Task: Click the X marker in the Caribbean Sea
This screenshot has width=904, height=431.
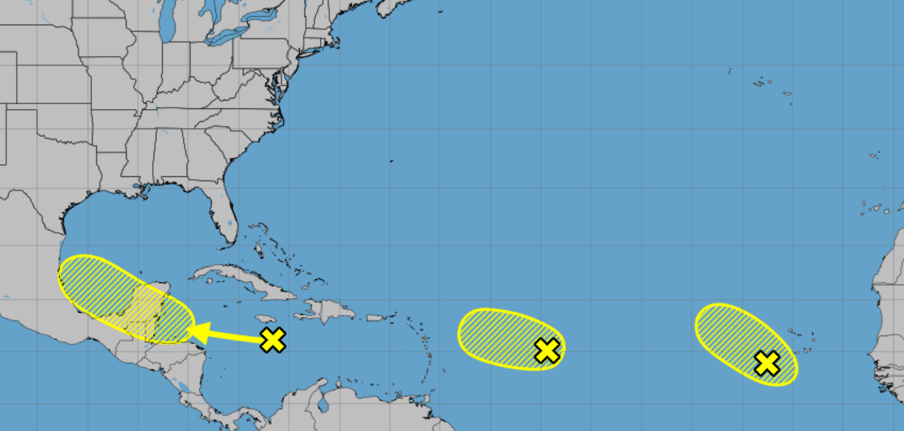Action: (x=273, y=340)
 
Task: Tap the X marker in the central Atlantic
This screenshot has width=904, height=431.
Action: (x=547, y=350)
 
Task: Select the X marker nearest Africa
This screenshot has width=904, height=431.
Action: (x=767, y=363)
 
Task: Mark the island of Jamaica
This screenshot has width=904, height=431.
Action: (x=265, y=319)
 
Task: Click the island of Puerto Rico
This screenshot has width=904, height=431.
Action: (x=374, y=318)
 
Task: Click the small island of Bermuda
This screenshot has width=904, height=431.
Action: (x=392, y=161)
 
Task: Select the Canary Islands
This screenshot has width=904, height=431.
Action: (x=877, y=208)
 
